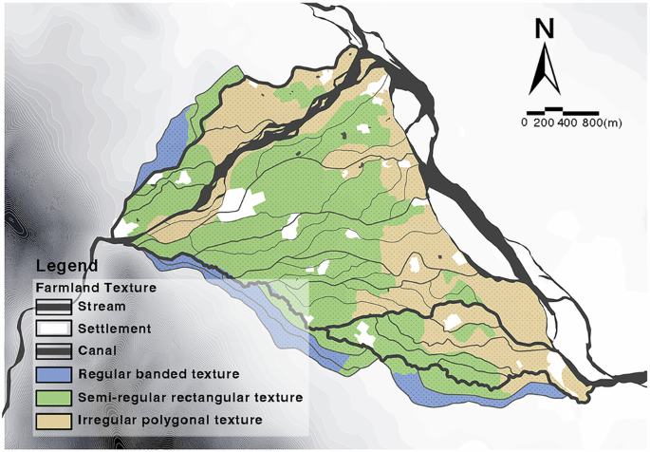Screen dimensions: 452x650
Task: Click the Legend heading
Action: pyautogui.click(x=65, y=265)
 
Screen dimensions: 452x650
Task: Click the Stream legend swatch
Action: pyautogui.click(x=53, y=307)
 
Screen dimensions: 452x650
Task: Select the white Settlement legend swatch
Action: pyautogui.click(x=53, y=329)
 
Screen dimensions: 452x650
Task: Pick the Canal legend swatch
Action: pyautogui.click(x=53, y=350)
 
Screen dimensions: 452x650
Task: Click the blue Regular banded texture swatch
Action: pyautogui.click(x=53, y=373)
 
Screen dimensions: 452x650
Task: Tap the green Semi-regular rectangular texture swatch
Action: pyautogui.click(x=53, y=396)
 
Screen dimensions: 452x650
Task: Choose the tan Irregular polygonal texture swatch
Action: pyautogui.click(x=53, y=419)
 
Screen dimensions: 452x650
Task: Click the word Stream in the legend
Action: pyautogui.click(x=102, y=307)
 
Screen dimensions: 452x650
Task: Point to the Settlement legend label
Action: pyautogui.click(x=115, y=329)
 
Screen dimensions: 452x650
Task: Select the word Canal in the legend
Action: pyautogui.click(x=99, y=350)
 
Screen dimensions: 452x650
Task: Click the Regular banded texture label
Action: pyautogui.click(x=160, y=373)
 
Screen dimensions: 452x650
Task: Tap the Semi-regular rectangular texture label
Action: pyautogui.click(x=190, y=396)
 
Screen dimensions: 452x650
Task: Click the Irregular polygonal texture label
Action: pyautogui.click(x=171, y=419)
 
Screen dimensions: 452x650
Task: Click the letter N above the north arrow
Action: pyautogui.click(x=544, y=29)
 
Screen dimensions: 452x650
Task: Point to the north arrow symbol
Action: pyautogui.click(x=544, y=68)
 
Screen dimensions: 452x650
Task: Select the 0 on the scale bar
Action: pyautogui.click(x=524, y=123)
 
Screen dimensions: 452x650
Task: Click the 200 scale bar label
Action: pyautogui.click(x=544, y=123)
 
